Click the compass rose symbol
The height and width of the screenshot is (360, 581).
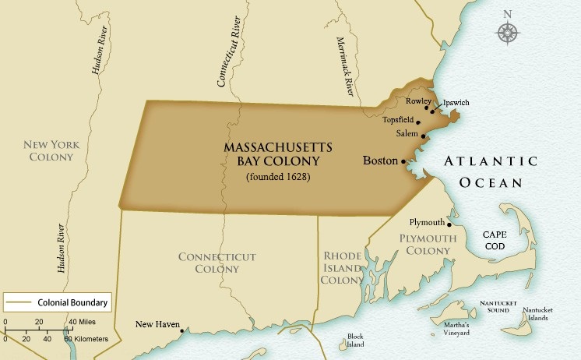[x=508, y=31]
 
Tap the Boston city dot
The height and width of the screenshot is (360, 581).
[x=403, y=162]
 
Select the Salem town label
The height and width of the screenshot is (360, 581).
[x=407, y=134]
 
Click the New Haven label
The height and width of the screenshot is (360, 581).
[x=157, y=325]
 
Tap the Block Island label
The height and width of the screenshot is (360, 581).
[x=355, y=341]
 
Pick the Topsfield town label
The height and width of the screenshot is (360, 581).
[x=398, y=121]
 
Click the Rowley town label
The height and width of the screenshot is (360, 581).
[x=418, y=101]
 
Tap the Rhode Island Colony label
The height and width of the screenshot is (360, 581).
[x=342, y=267]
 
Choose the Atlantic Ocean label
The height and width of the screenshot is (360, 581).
[x=490, y=171]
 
